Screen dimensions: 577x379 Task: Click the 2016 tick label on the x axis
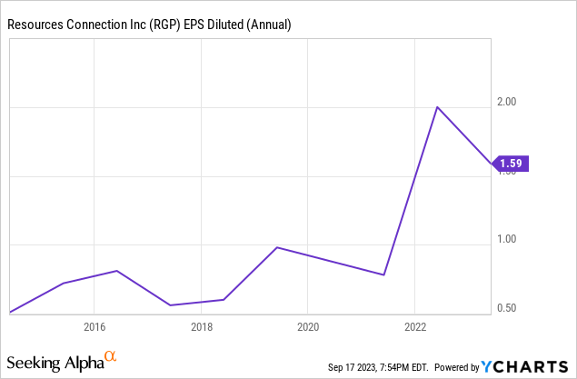pyautogui.click(x=95, y=327)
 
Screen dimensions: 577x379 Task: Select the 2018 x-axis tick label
pyautogui.click(x=202, y=327)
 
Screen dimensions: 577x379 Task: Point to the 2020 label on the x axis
pyautogui.click(x=308, y=327)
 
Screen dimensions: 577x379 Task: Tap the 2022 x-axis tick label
pyautogui.click(x=415, y=327)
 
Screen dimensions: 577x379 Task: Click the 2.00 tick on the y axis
pyautogui.click(x=507, y=102)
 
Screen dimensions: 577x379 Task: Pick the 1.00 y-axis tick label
pyautogui.click(x=507, y=239)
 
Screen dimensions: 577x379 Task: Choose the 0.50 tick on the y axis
pyautogui.click(x=507, y=307)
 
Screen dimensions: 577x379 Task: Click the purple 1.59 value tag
pyautogui.click(x=510, y=164)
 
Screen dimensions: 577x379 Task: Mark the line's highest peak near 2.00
pyautogui.click(x=437, y=107)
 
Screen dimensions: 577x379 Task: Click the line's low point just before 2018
pyautogui.click(x=170, y=305)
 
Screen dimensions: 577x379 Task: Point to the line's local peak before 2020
pyautogui.click(x=277, y=247)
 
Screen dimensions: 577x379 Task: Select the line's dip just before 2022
pyautogui.click(x=383, y=274)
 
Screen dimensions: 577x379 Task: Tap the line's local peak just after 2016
pyautogui.click(x=116, y=271)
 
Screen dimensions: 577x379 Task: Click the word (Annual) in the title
pyautogui.click(x=269, y=25)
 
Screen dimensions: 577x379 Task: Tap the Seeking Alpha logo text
pyautogui.click(x=55, y=363)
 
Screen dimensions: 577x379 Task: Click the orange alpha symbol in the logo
pyautogui.click(x=110, y=355)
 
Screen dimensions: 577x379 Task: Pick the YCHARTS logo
pyautogui.click(x=524, y=367)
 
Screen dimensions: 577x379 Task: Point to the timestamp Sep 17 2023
pyautogui.click(x=353, y=367)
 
